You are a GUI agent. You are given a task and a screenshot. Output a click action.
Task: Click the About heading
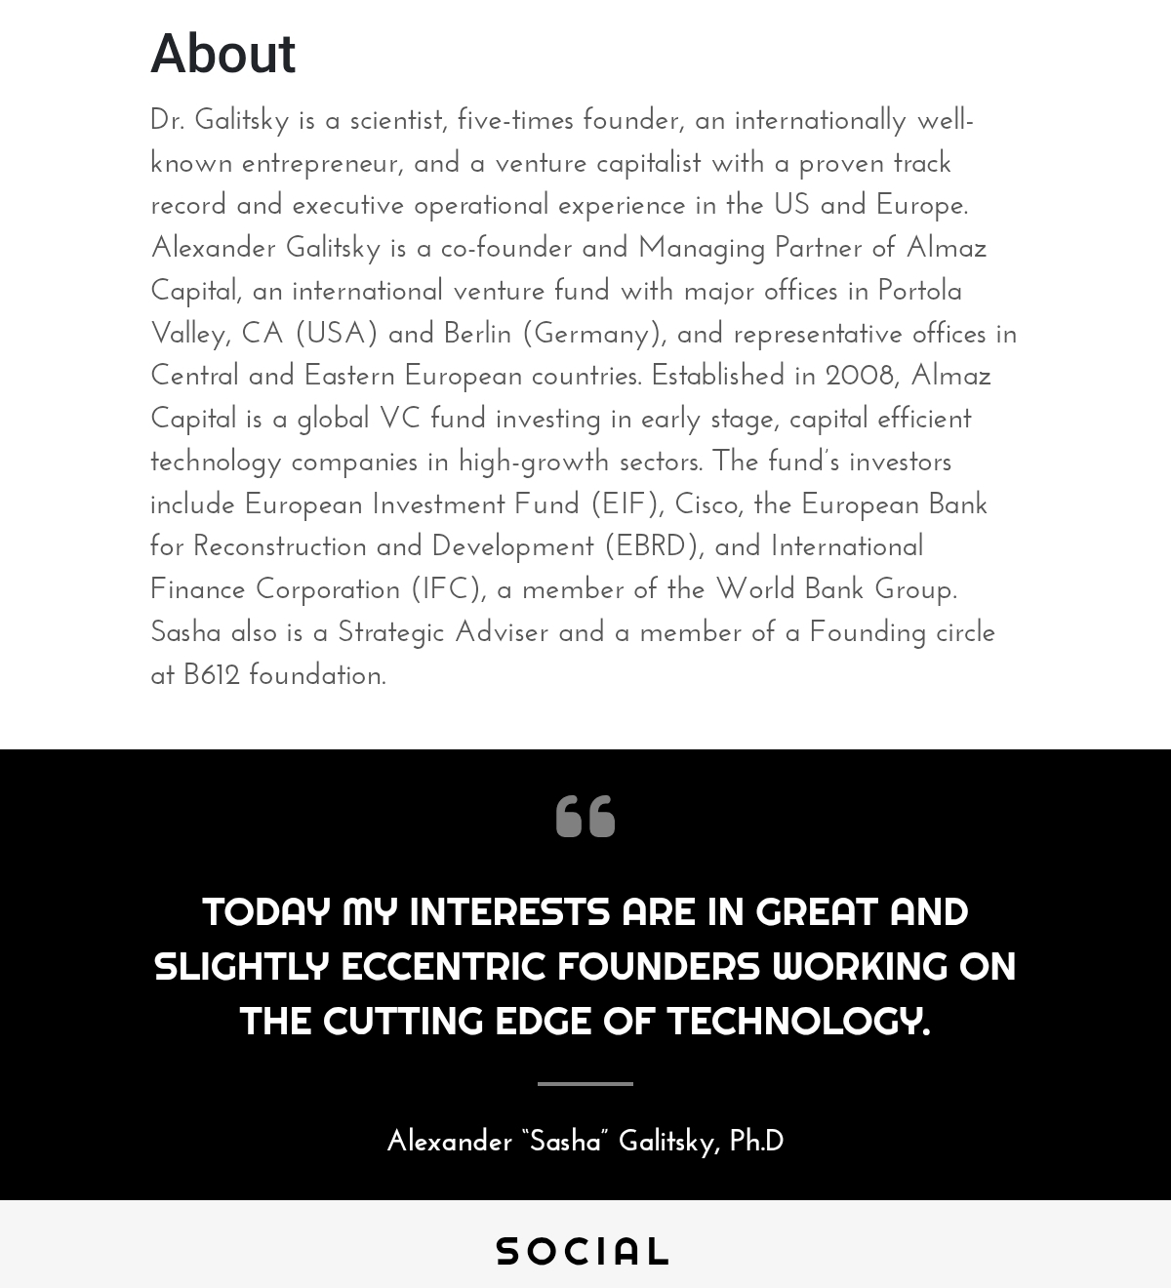(x=222, y=54)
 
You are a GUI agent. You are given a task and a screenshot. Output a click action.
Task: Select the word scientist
(x=398, y=121)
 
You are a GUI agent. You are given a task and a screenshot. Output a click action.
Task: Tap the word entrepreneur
(x=321, y=164)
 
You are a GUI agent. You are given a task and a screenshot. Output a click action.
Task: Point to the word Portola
(x=919, y=292)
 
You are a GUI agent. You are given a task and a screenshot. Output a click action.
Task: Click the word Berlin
(x=477, y=335)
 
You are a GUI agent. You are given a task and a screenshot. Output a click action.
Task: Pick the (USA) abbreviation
(x=336, y=335)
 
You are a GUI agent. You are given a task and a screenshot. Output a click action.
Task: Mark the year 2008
(x=859, y=377)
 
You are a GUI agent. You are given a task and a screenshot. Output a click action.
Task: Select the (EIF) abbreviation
(x=626, y=505)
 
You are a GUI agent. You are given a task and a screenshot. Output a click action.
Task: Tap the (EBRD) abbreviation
(x=653, y=547)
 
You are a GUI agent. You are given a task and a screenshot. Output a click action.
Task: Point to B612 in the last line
(x=212, y=675)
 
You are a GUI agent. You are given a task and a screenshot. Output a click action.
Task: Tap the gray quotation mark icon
(x=585, y=816)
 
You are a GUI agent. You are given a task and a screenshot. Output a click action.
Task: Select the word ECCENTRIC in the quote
(x=443, y=966)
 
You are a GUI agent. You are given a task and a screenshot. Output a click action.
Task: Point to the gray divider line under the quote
(x=585, y=1083)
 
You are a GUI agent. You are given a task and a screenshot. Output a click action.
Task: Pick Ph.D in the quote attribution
(x=756, y=1141)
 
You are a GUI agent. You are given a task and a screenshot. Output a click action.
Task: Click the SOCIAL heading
(x=583, y=1251)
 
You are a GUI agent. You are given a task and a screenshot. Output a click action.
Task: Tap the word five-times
(x=515, y=121)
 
